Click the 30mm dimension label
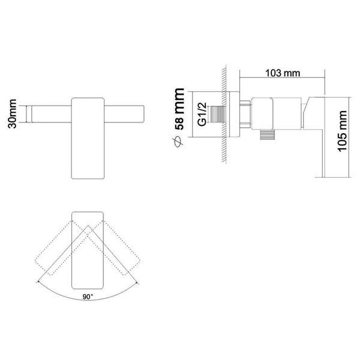(x=12, y=113)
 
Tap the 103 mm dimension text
(x=283, y=73)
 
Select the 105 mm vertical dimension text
(x=342, y=131)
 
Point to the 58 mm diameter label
(x=179, y=109)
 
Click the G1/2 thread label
(x=202, y=115)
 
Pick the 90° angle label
(x=88, y=297)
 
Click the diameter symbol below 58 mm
(x=179, y=141)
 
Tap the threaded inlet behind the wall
(x=218, y=115)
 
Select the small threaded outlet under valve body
(x=267, y=134)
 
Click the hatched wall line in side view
(x=224, y=114)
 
